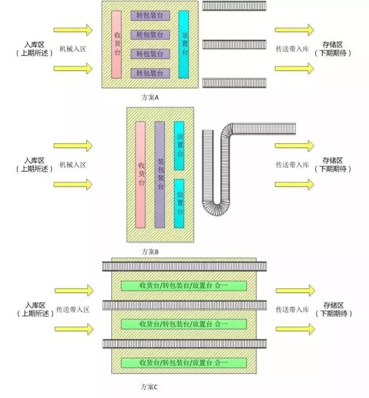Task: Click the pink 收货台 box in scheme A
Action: [x=116, y=44]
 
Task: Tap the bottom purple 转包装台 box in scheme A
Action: [x=150, y=73]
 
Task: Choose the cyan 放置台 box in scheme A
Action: [x=184, y=44]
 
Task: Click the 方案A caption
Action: [x=150, y=97]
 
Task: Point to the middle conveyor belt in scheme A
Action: [x=234, y=44]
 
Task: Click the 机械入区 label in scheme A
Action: [x=73, y=50]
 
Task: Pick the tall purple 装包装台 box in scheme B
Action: [x=160, y=175]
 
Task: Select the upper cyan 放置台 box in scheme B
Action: [x=179, y=145]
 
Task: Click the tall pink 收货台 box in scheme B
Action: [x=140, y=175]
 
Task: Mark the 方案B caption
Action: [x=150, y=252]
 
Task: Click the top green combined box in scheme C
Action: [x=183, y=286]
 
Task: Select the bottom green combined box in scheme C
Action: [x=183, y=363]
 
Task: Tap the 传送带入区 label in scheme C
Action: [x=73, y=309]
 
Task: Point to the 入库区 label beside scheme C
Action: [x=35, y=305]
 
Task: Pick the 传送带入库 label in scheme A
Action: [x=293, y=50]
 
